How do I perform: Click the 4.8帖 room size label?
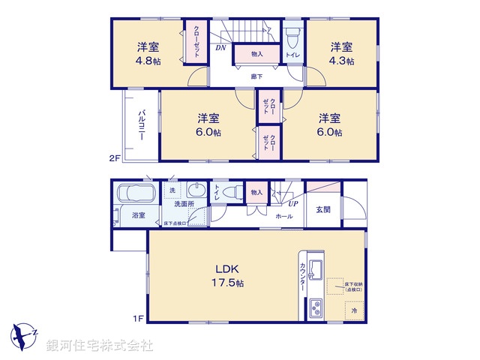[148, 61]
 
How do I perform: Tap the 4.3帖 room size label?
[342, 61]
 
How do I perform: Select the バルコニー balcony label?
[141, 125]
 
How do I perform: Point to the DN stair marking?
[220, 48]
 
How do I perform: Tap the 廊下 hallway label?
[256, 76]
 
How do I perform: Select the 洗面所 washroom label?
[184, 203]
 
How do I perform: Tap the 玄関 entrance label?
[323, 208]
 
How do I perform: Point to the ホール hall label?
[284, 216]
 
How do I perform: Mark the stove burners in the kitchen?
[314, 307]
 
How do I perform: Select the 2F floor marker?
[114, 158]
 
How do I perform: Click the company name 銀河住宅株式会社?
[100, 346]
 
